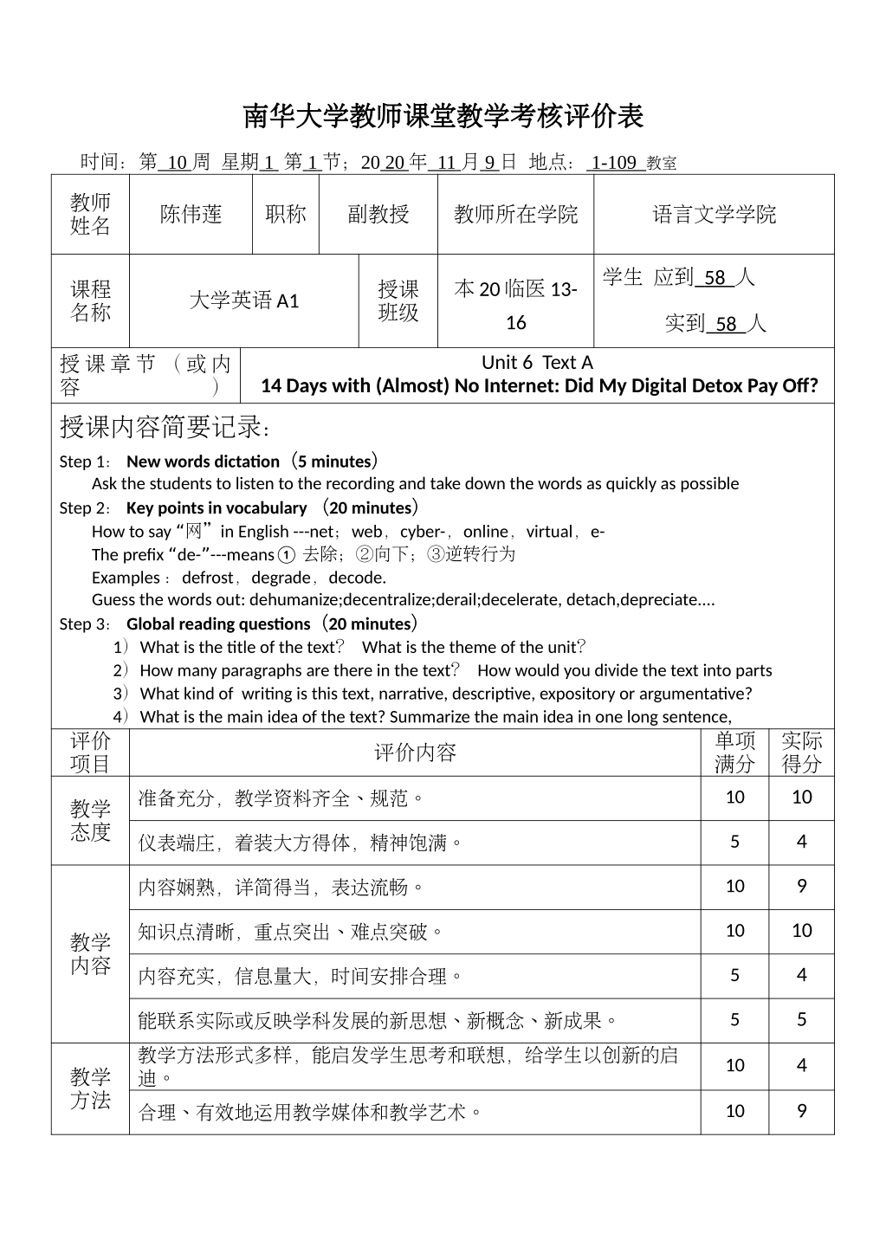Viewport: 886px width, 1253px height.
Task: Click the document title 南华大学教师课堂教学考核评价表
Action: coord(443,116)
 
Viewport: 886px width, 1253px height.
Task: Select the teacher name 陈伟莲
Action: coord(191,215)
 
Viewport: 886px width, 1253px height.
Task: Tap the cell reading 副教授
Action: coord(378,215)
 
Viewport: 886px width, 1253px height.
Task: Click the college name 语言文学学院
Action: coord(714,215)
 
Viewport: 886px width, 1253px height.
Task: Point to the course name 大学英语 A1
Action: coord(243,300)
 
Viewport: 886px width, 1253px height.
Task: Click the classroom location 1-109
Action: coord(614,162)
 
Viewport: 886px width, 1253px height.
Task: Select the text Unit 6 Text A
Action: coord(537,363)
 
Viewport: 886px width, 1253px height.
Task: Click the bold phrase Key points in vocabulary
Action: coord(217,508)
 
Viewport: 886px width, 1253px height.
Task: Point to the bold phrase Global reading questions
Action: coord(218,624)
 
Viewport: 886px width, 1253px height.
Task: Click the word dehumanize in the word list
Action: coord(295,600)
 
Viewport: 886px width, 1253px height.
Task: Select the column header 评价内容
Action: coord(415,752)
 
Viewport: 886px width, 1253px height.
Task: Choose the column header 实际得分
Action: coord(801,752)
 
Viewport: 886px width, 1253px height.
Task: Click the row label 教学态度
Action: coord(90,821)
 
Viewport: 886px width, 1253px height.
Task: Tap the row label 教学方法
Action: coord(90,1088)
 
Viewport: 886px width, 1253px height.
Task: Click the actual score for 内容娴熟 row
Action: coord(801,886)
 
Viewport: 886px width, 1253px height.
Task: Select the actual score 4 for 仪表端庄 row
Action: coord(801,842)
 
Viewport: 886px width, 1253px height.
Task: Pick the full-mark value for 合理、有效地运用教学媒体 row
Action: coord(734,1111)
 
